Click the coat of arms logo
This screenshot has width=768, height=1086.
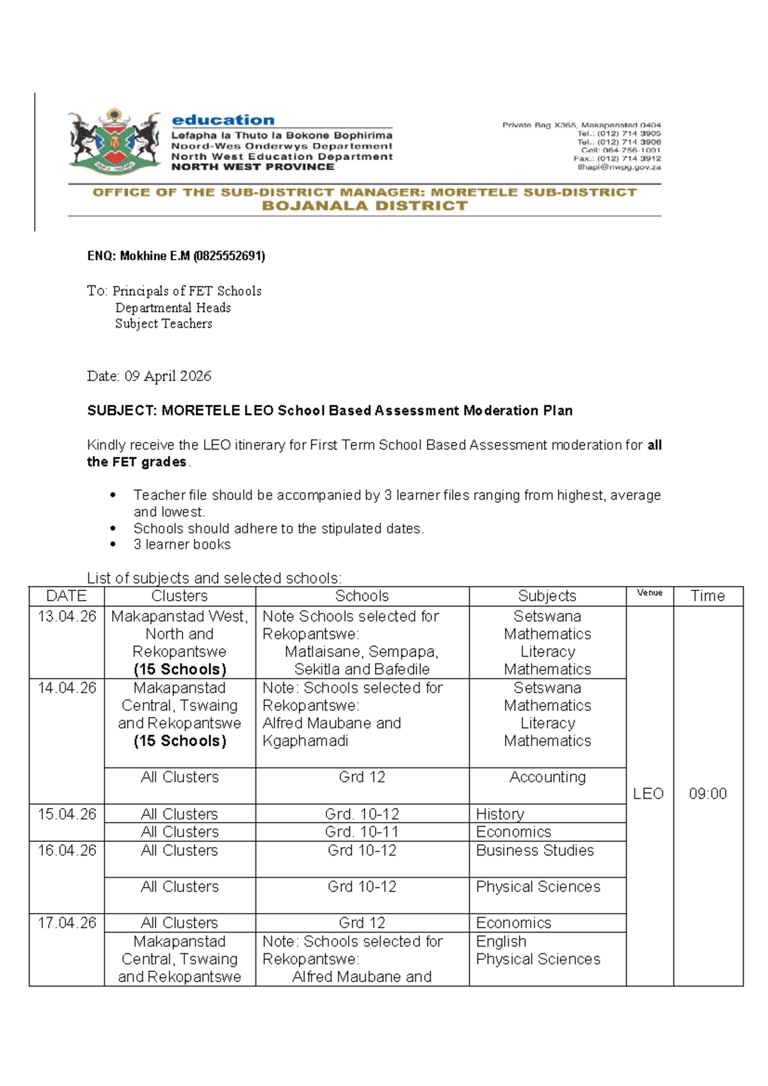[x=114, y=142]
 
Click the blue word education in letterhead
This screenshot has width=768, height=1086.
[x=223, y=120]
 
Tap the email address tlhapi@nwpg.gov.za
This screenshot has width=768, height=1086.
[x=618, y=167]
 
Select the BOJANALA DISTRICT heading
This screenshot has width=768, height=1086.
[x=365, y=206]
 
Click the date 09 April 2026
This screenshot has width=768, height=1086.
[x=168, y=376]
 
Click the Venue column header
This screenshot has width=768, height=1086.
[x=649, y=593]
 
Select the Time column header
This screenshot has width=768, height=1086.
[x=707, y=596]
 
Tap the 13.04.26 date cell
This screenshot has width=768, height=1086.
[x=67, y=617]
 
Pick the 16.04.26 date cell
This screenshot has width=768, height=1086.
[x=67, y=850]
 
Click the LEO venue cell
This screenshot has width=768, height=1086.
[x=648, y=794]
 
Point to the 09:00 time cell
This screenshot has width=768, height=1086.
[x=707, y=794]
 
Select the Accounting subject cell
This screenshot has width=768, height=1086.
[x=547, y=777]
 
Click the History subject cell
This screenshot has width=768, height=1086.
[x=500, y=814]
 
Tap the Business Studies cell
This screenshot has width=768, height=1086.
[x=534, y=850]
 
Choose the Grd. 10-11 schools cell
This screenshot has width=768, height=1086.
[x=362, y=832]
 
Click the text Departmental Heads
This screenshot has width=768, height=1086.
[x=173, y=308]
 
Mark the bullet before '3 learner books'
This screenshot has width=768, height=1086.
[x=113, y=545]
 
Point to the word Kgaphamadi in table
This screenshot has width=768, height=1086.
[x=305, y=741]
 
